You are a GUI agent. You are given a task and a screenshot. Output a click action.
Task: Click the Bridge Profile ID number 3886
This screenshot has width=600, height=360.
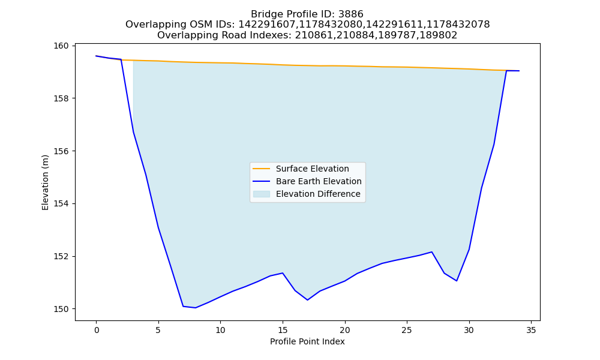(x=350, y=14)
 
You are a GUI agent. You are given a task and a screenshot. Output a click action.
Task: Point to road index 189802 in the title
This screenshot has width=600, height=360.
(x=439, y=35)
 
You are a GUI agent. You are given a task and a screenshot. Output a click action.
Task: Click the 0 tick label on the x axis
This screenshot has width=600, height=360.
(x=97, y=330)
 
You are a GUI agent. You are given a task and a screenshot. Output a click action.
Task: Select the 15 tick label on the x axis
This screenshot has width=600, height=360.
(x=283, y=330)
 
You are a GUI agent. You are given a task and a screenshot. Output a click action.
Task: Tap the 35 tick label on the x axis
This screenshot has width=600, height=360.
(x=531, y=330)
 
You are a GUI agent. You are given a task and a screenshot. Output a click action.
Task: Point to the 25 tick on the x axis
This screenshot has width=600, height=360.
(x=407, y=330)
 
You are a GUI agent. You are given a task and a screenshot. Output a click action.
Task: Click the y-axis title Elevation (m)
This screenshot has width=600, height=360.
(x=45, y=182)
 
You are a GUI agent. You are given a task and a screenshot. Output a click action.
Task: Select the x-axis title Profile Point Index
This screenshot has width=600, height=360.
(x=307, y=341)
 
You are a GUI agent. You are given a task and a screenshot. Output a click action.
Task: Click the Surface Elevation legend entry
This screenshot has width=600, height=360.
(x=301, y=169)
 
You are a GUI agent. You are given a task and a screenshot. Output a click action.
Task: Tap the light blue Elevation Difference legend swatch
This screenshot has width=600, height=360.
(x=262, y=194)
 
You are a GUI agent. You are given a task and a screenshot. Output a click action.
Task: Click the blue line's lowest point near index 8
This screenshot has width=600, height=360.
(x=196, y=308)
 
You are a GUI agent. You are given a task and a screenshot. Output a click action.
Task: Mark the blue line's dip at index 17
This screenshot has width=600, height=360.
(x=308, y=300)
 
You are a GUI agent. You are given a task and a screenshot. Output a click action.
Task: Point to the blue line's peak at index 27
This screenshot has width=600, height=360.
(x=431, y=252)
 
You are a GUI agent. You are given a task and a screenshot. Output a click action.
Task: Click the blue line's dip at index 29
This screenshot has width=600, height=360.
(x=457, y=281)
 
